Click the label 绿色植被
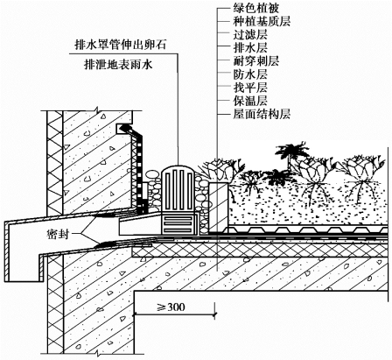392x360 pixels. click(x=255, y=8)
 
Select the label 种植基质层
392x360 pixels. click(x=262, y=21)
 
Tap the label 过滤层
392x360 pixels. click(x=250, y=35)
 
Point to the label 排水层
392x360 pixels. click(x=250, y=48)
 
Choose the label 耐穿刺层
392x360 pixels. click(x=255, y=61)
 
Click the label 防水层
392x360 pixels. click(x=250, y=74)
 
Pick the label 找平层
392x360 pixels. click(x=250, y=88)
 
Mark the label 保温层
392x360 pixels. click(x=250, y=101)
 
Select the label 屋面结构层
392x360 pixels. click(x=262, y=114)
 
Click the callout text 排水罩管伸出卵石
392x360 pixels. click(x=120, y=46)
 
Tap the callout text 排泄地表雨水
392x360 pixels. click(x=118, y=64)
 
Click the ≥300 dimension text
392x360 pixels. click(x=171, y=307)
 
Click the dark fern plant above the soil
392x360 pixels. click(x=290, y=152)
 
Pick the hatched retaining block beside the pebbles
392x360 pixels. click(x=219, y=207)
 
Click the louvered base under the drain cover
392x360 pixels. click(x=178, y=223)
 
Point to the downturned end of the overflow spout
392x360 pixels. click(x=24, y=251)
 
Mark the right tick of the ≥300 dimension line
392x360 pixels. click(x=215, y=314)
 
